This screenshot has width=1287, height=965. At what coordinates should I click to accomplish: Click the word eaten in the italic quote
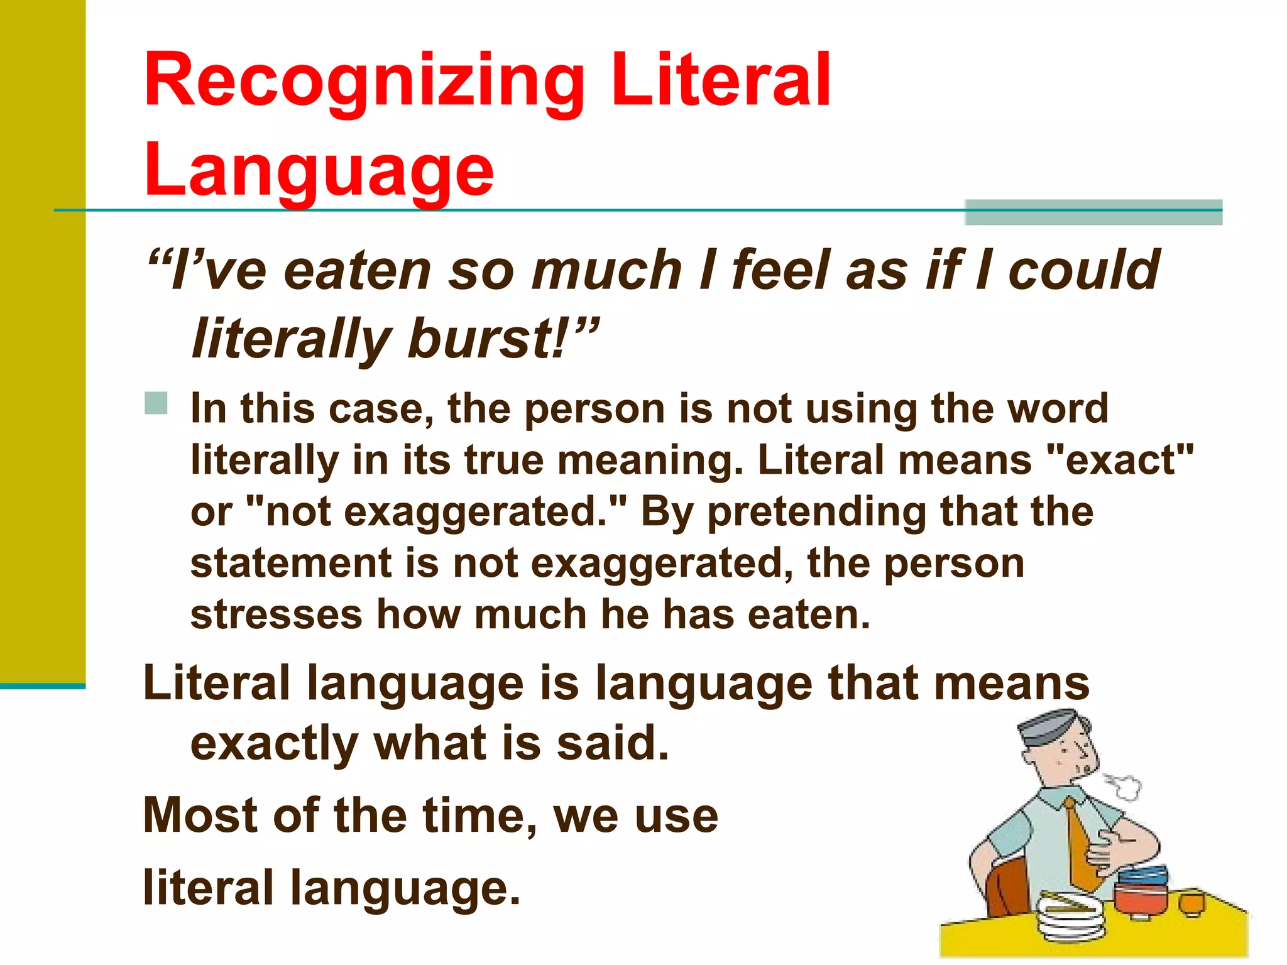click(x=357, y=270)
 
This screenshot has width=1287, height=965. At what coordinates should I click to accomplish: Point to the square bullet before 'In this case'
click(x=156, y=403)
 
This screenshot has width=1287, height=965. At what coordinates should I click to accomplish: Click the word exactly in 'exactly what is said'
click(x=274, y=744)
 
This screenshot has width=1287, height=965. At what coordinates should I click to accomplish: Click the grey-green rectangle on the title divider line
click(x=1093, y=212)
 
